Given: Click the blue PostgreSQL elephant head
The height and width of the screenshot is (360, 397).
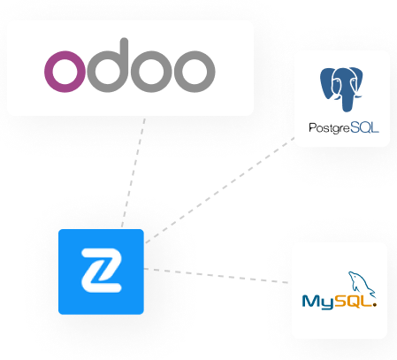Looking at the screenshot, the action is pyautogui.click(x=341, y=88).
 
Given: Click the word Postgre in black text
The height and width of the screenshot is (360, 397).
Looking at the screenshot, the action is pyautogui.click(x=329, y=128).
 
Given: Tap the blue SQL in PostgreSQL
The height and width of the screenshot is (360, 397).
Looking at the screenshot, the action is pyautogui.click(x=364, y=128).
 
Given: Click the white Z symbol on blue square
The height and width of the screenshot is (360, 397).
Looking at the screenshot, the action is pyautogui.click(x=102, y=271).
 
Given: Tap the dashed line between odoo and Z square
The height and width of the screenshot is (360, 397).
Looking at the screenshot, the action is pyautogui.click(x=134, y=172).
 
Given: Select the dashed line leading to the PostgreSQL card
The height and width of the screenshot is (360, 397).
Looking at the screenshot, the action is pyautogui.click(x=219, y=190).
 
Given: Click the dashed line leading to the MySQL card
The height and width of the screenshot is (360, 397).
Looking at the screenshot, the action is pyautogui.click(x=216, y=276).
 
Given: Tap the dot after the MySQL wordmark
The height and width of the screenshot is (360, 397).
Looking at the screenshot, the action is pyautogui.click(x=374, y=305).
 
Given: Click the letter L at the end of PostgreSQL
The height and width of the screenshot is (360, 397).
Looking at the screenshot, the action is pyautogui.click(x=375, y=128).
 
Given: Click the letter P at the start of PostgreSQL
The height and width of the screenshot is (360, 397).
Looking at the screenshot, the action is pyautogui.click(x=312, y=127).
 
